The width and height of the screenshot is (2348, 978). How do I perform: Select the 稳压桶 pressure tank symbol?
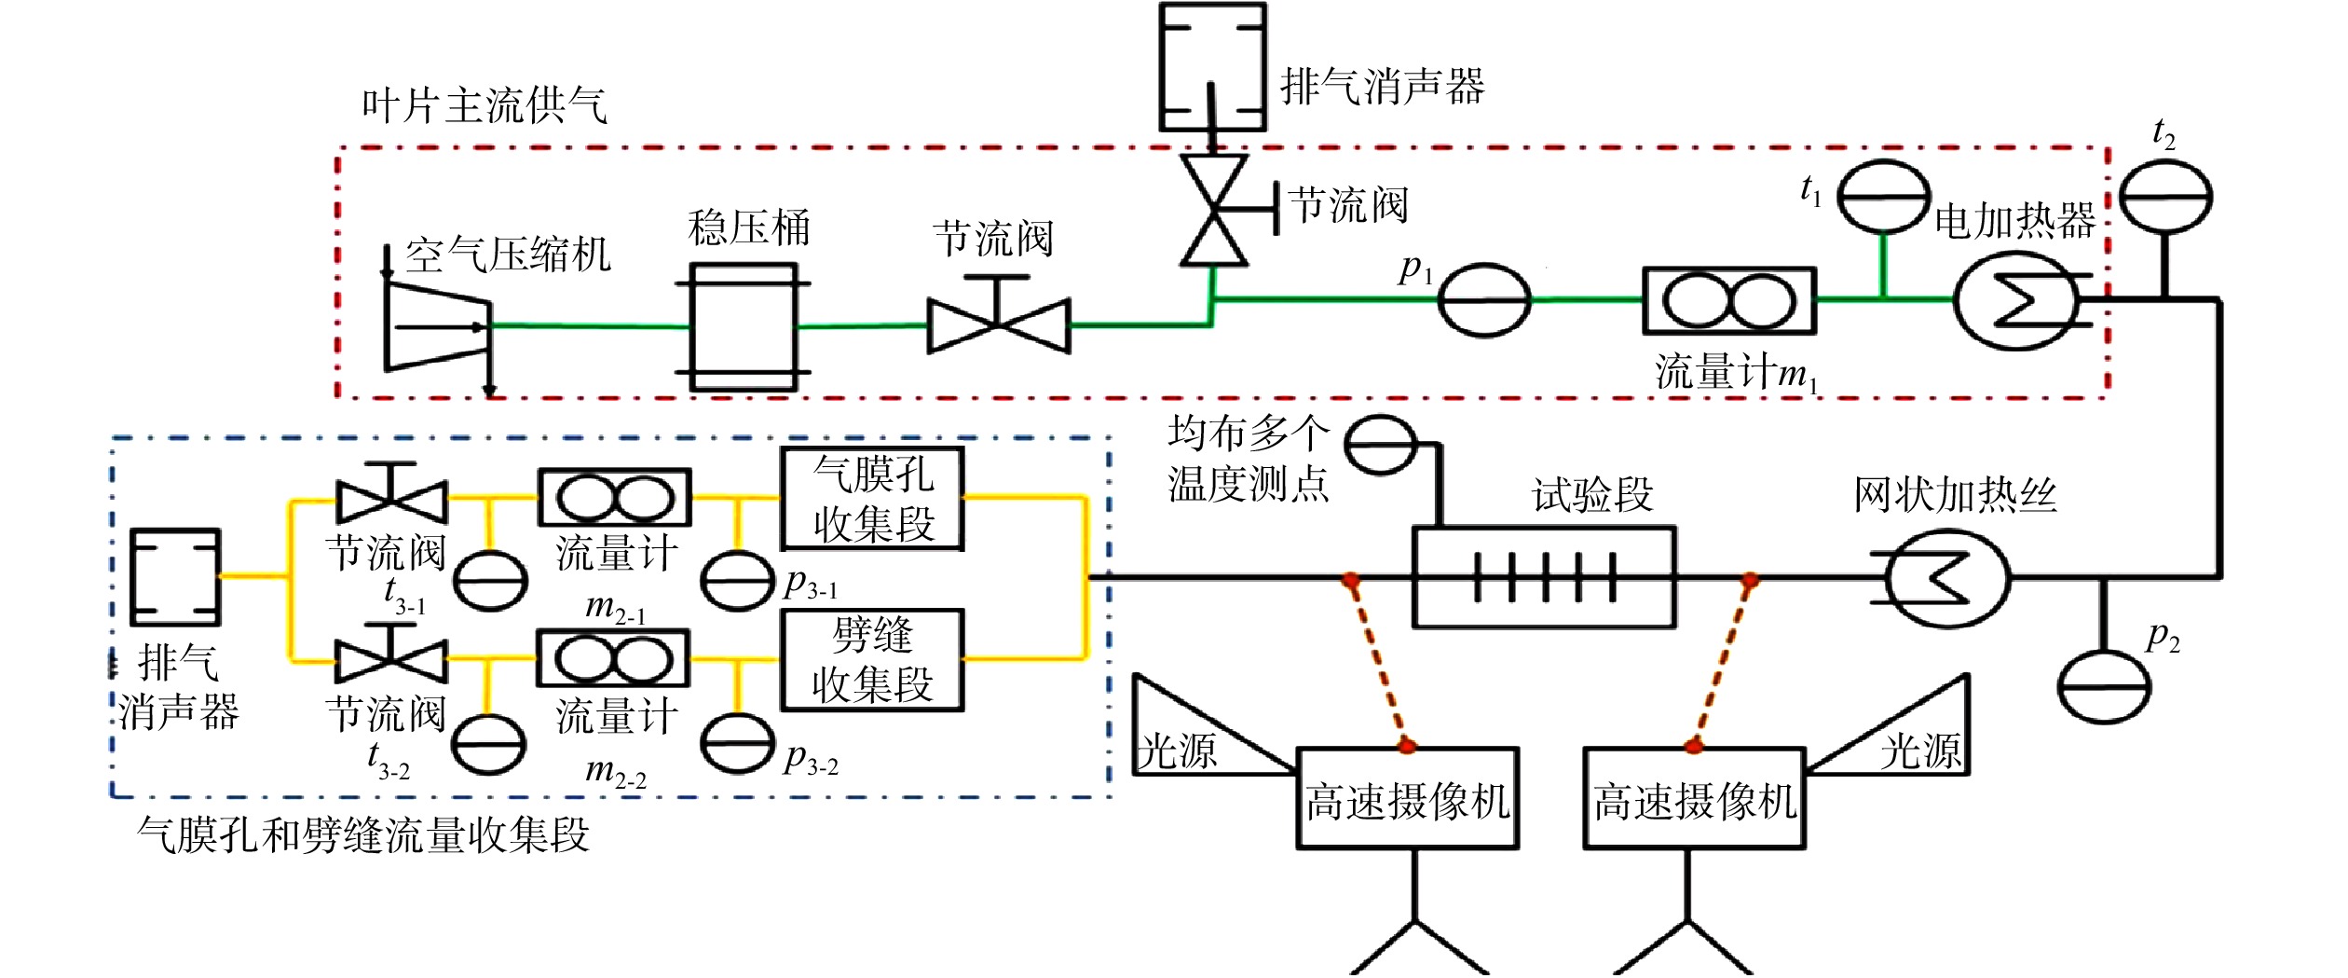[743, 326]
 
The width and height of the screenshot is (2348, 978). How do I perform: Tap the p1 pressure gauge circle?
[1483, 299]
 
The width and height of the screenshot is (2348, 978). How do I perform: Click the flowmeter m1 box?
[1729, 301]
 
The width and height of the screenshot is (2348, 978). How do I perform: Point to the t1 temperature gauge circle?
[1885, 196]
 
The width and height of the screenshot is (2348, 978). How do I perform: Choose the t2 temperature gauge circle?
[2165, 196]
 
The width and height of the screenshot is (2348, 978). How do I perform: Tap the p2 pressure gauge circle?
[2104, 686]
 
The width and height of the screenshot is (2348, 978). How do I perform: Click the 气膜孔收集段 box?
[872, 499]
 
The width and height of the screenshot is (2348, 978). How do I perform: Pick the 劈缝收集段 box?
[872, 660]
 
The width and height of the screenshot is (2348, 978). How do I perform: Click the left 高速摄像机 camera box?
[1407, 798]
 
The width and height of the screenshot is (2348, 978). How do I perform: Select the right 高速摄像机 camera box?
[1694, 798]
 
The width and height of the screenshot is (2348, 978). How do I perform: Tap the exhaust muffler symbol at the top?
[1212, 67]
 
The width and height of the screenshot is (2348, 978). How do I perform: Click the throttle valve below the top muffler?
[1215, 210]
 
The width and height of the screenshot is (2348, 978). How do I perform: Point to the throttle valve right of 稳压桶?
[998, 317]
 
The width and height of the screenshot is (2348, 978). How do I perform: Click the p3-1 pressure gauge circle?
[737, 580]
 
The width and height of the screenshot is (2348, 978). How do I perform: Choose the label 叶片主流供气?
[485, 104]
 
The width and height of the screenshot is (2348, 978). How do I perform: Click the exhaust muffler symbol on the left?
[175, 576]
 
